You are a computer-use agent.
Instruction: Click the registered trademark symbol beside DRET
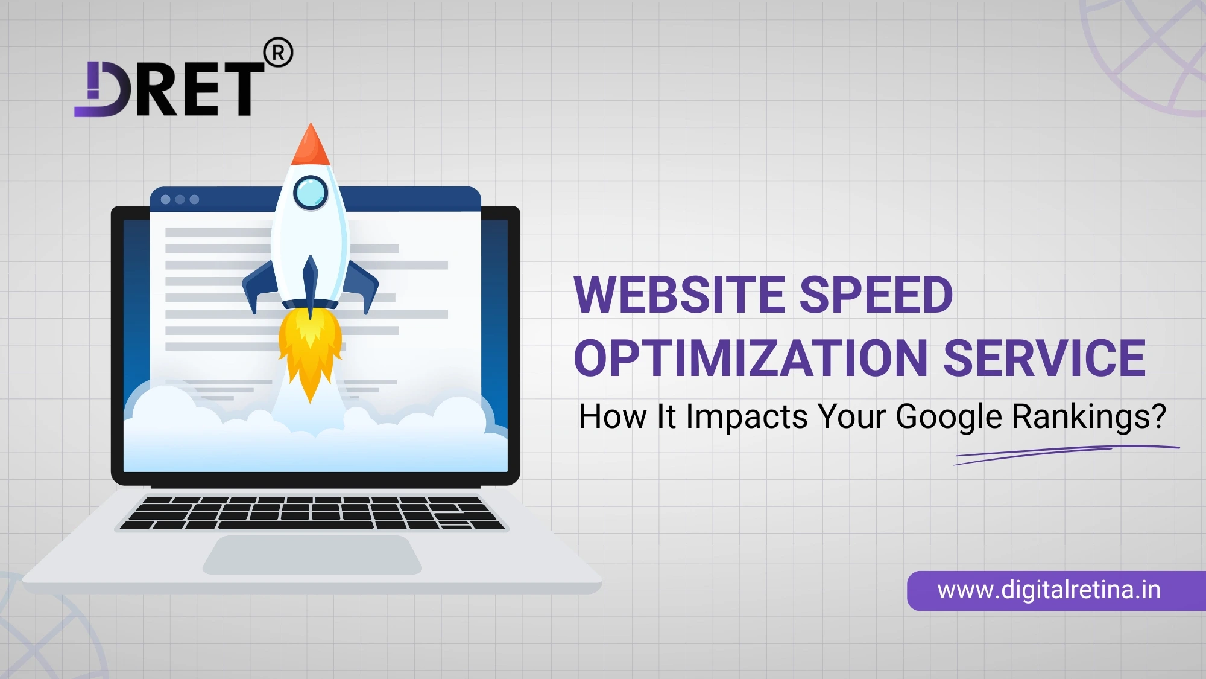[279, 53]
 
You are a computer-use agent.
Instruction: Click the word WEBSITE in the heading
[679, 295]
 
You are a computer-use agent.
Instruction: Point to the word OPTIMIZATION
[751, 359]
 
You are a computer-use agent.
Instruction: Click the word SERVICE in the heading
[1044, 359]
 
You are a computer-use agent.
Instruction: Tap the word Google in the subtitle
[948, 416]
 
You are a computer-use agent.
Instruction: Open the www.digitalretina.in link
[1049, 590]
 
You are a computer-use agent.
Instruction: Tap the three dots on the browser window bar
[180, 199]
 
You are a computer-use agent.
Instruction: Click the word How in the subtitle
[612, 416]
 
